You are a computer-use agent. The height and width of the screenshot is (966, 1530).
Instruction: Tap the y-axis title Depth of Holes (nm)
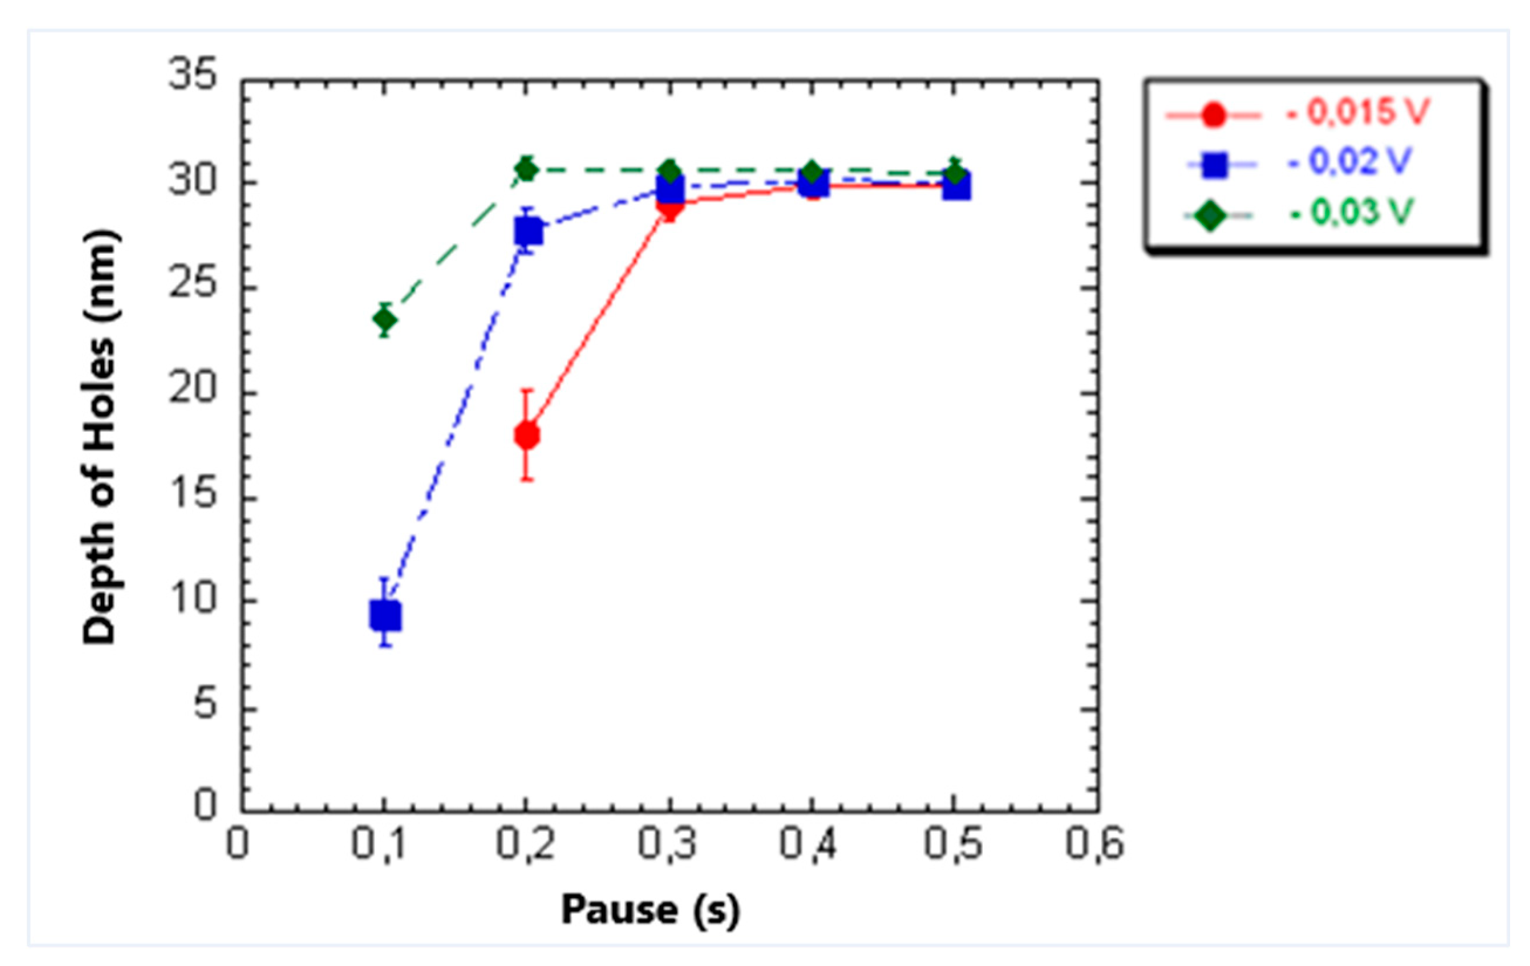click(100, 437)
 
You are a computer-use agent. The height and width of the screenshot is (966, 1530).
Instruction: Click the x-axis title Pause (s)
click(650, 910)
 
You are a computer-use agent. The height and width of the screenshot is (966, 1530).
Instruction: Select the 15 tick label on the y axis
click(192, 495)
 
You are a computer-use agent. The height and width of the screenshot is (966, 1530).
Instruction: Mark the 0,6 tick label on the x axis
click(1094, 845)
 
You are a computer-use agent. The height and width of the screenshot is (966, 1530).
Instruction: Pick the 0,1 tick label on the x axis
click(381, 845)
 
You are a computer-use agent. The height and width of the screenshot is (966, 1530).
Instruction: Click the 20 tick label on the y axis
click(192, 389)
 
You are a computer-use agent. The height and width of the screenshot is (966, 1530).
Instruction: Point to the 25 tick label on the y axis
click(192, 284)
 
